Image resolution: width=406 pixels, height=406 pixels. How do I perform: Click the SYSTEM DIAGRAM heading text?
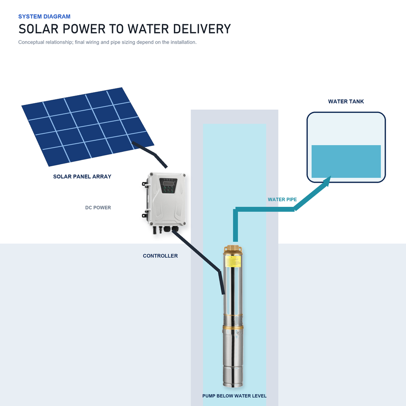click(x=44, y=16)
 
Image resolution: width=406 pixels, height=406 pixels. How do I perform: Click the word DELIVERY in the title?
click(x=202, y=29)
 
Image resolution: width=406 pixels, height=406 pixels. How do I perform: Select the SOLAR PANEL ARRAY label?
click(x=82, y=177)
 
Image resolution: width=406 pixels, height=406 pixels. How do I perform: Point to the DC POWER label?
click(x=98, y=208)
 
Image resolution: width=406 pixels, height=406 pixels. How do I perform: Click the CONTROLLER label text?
click(x=160, y=256)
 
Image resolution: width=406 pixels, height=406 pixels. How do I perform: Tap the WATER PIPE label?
click(x=282, y=200)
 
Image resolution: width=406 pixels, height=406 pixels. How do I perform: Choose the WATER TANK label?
click(x=346, y=101)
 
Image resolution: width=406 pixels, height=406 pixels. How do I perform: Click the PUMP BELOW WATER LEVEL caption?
click(x=234, y=396)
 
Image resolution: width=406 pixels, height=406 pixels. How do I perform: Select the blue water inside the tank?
click(x=346, y=161)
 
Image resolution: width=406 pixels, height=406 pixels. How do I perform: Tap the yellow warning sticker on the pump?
click(x=233, y=261)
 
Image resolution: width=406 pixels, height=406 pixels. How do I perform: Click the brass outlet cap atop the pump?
click(x=233, y=250)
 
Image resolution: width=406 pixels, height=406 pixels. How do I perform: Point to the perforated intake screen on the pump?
click(x=233, y=321)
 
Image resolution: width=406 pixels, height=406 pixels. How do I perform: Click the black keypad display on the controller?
click(x=168, y=185)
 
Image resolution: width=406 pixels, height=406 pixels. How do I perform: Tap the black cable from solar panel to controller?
click(x=150, y=154)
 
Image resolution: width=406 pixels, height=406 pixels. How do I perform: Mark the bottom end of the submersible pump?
click(x=233, y=386)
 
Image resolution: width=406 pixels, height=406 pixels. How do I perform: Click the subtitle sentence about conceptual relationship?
click(x=107, y=42)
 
